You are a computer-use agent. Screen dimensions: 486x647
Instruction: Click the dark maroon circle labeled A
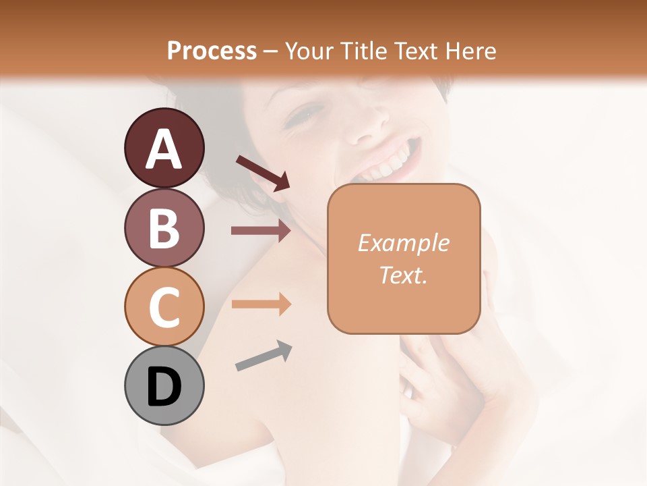(164, 148)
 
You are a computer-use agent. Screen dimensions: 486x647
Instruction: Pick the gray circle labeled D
(164, 385)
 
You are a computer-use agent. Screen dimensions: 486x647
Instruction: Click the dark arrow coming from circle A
(263, 172)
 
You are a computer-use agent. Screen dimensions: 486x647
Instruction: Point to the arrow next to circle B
(261, 231)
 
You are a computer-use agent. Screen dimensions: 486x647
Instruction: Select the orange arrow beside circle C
(261, 304)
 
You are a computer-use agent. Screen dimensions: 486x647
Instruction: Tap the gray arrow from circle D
(264, 356)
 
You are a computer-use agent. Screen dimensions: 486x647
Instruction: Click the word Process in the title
(212, 51)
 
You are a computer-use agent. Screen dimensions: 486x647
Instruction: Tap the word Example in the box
(403, 243)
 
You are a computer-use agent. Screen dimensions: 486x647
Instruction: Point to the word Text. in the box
(403, 275)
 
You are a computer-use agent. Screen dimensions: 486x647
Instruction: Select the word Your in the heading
(309, 51)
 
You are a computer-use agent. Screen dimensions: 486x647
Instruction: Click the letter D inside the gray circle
(164, 387)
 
